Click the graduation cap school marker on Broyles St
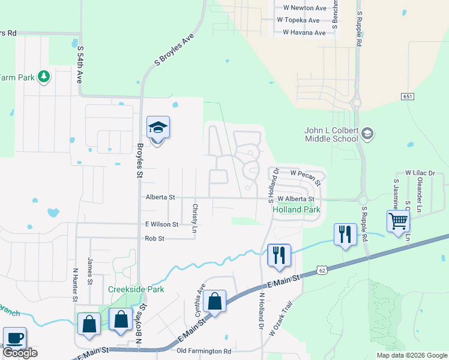coord(158,128)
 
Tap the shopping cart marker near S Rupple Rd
coord(398,221)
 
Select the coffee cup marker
coord(14,338)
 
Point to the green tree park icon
coord(43,77)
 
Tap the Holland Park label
coord(296,210)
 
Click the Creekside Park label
coord(136,289)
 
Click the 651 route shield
coord(407,97)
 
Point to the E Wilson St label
coord(161,224)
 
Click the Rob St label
coord(154,238)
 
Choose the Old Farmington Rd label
coord(204,350)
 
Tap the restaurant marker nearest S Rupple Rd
coord(345,234)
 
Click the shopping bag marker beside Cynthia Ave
coord(214,301)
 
